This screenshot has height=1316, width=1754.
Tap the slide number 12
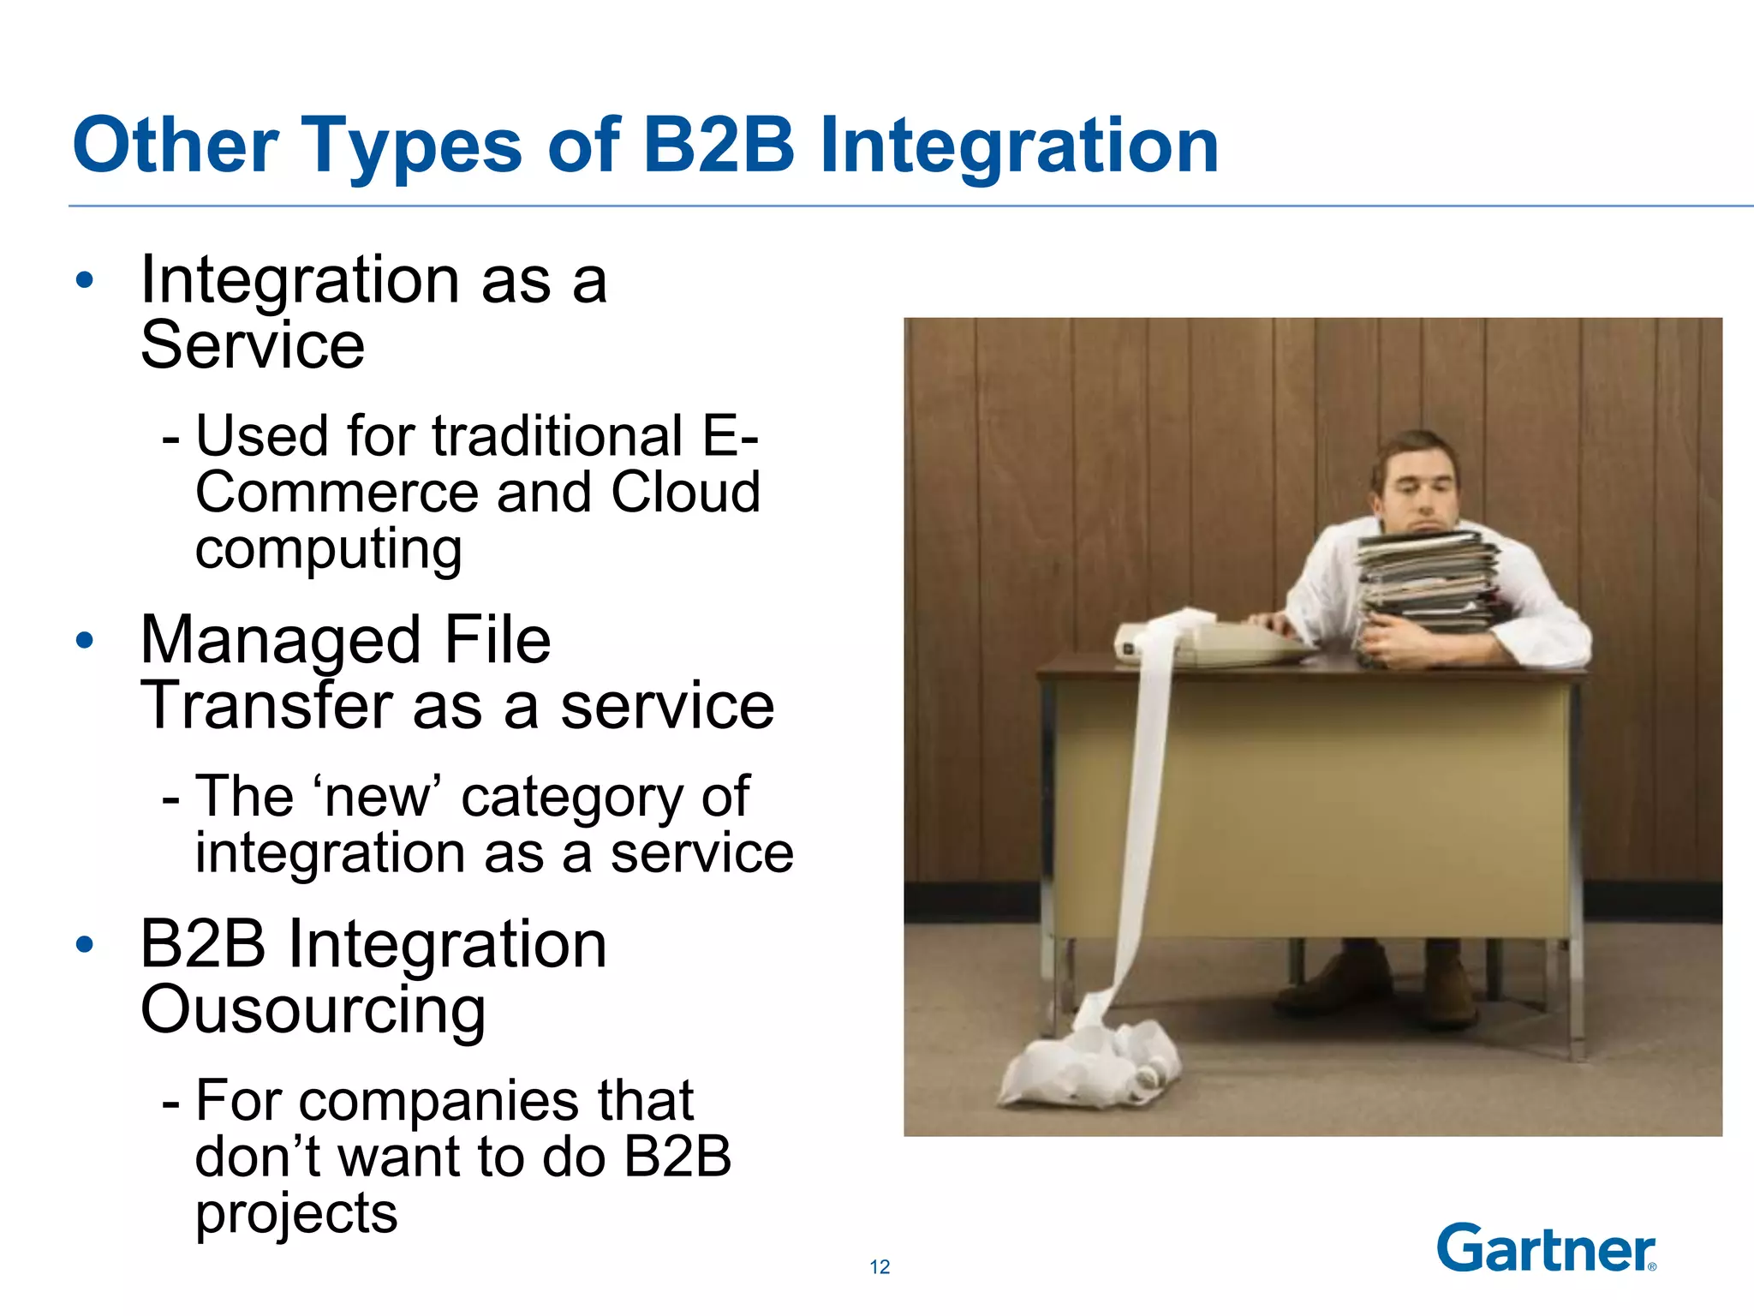click(880, 1267)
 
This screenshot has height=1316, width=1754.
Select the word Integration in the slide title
click(1019, 146)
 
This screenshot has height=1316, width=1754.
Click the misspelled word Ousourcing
click(313, 1011)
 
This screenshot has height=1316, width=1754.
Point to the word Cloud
click(685, 493)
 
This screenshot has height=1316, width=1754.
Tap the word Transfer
click(265, 706)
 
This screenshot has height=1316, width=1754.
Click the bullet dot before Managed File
click(84, 640)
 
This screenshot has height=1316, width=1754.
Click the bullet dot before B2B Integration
click(84, 944)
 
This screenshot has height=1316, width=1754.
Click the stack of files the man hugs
click(1426, 583)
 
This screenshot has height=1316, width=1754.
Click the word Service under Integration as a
click(253, 345)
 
